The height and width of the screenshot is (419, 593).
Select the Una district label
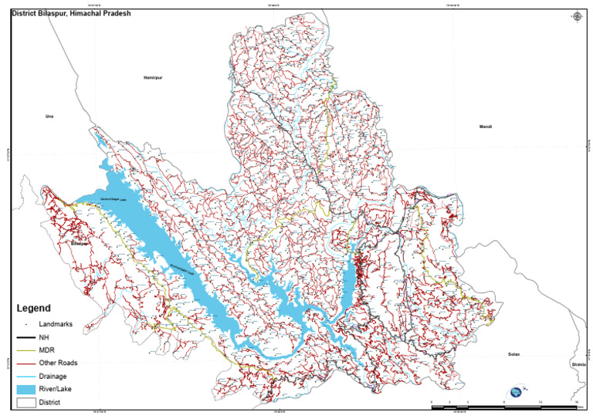[x=50, y=116]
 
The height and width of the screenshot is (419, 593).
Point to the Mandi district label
[x=485, y=127]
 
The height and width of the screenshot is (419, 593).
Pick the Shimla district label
[x=578, y=363]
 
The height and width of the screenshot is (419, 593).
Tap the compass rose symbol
[x=577, y=16]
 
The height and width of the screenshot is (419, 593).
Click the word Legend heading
[x=34, y=307]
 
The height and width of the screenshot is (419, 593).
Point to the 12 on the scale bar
[x=540, y=402]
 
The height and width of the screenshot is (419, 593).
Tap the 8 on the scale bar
[x=504, y=402]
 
